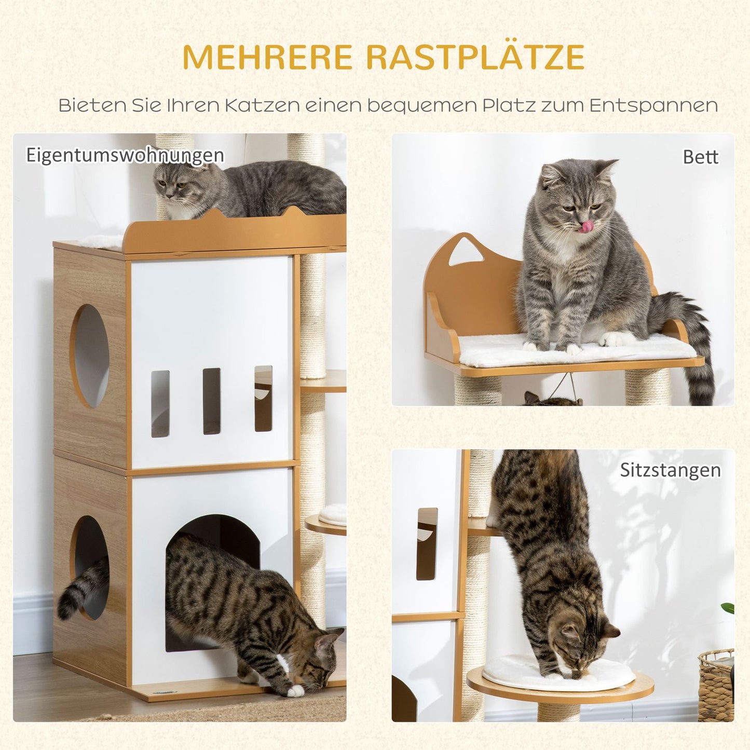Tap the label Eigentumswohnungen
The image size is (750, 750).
coord(125,155)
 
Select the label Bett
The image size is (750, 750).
coord(700,157)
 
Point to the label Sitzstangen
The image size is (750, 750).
coord(670,470)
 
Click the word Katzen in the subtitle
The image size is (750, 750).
coord(262,105)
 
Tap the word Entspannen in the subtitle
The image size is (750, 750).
coord(653,105)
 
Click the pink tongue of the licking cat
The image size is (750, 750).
coord(587,227)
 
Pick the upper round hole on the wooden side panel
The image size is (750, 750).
coord(90,356)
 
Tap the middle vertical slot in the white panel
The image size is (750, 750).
coord(211,401)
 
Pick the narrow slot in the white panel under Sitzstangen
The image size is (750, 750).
coord(427,543)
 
